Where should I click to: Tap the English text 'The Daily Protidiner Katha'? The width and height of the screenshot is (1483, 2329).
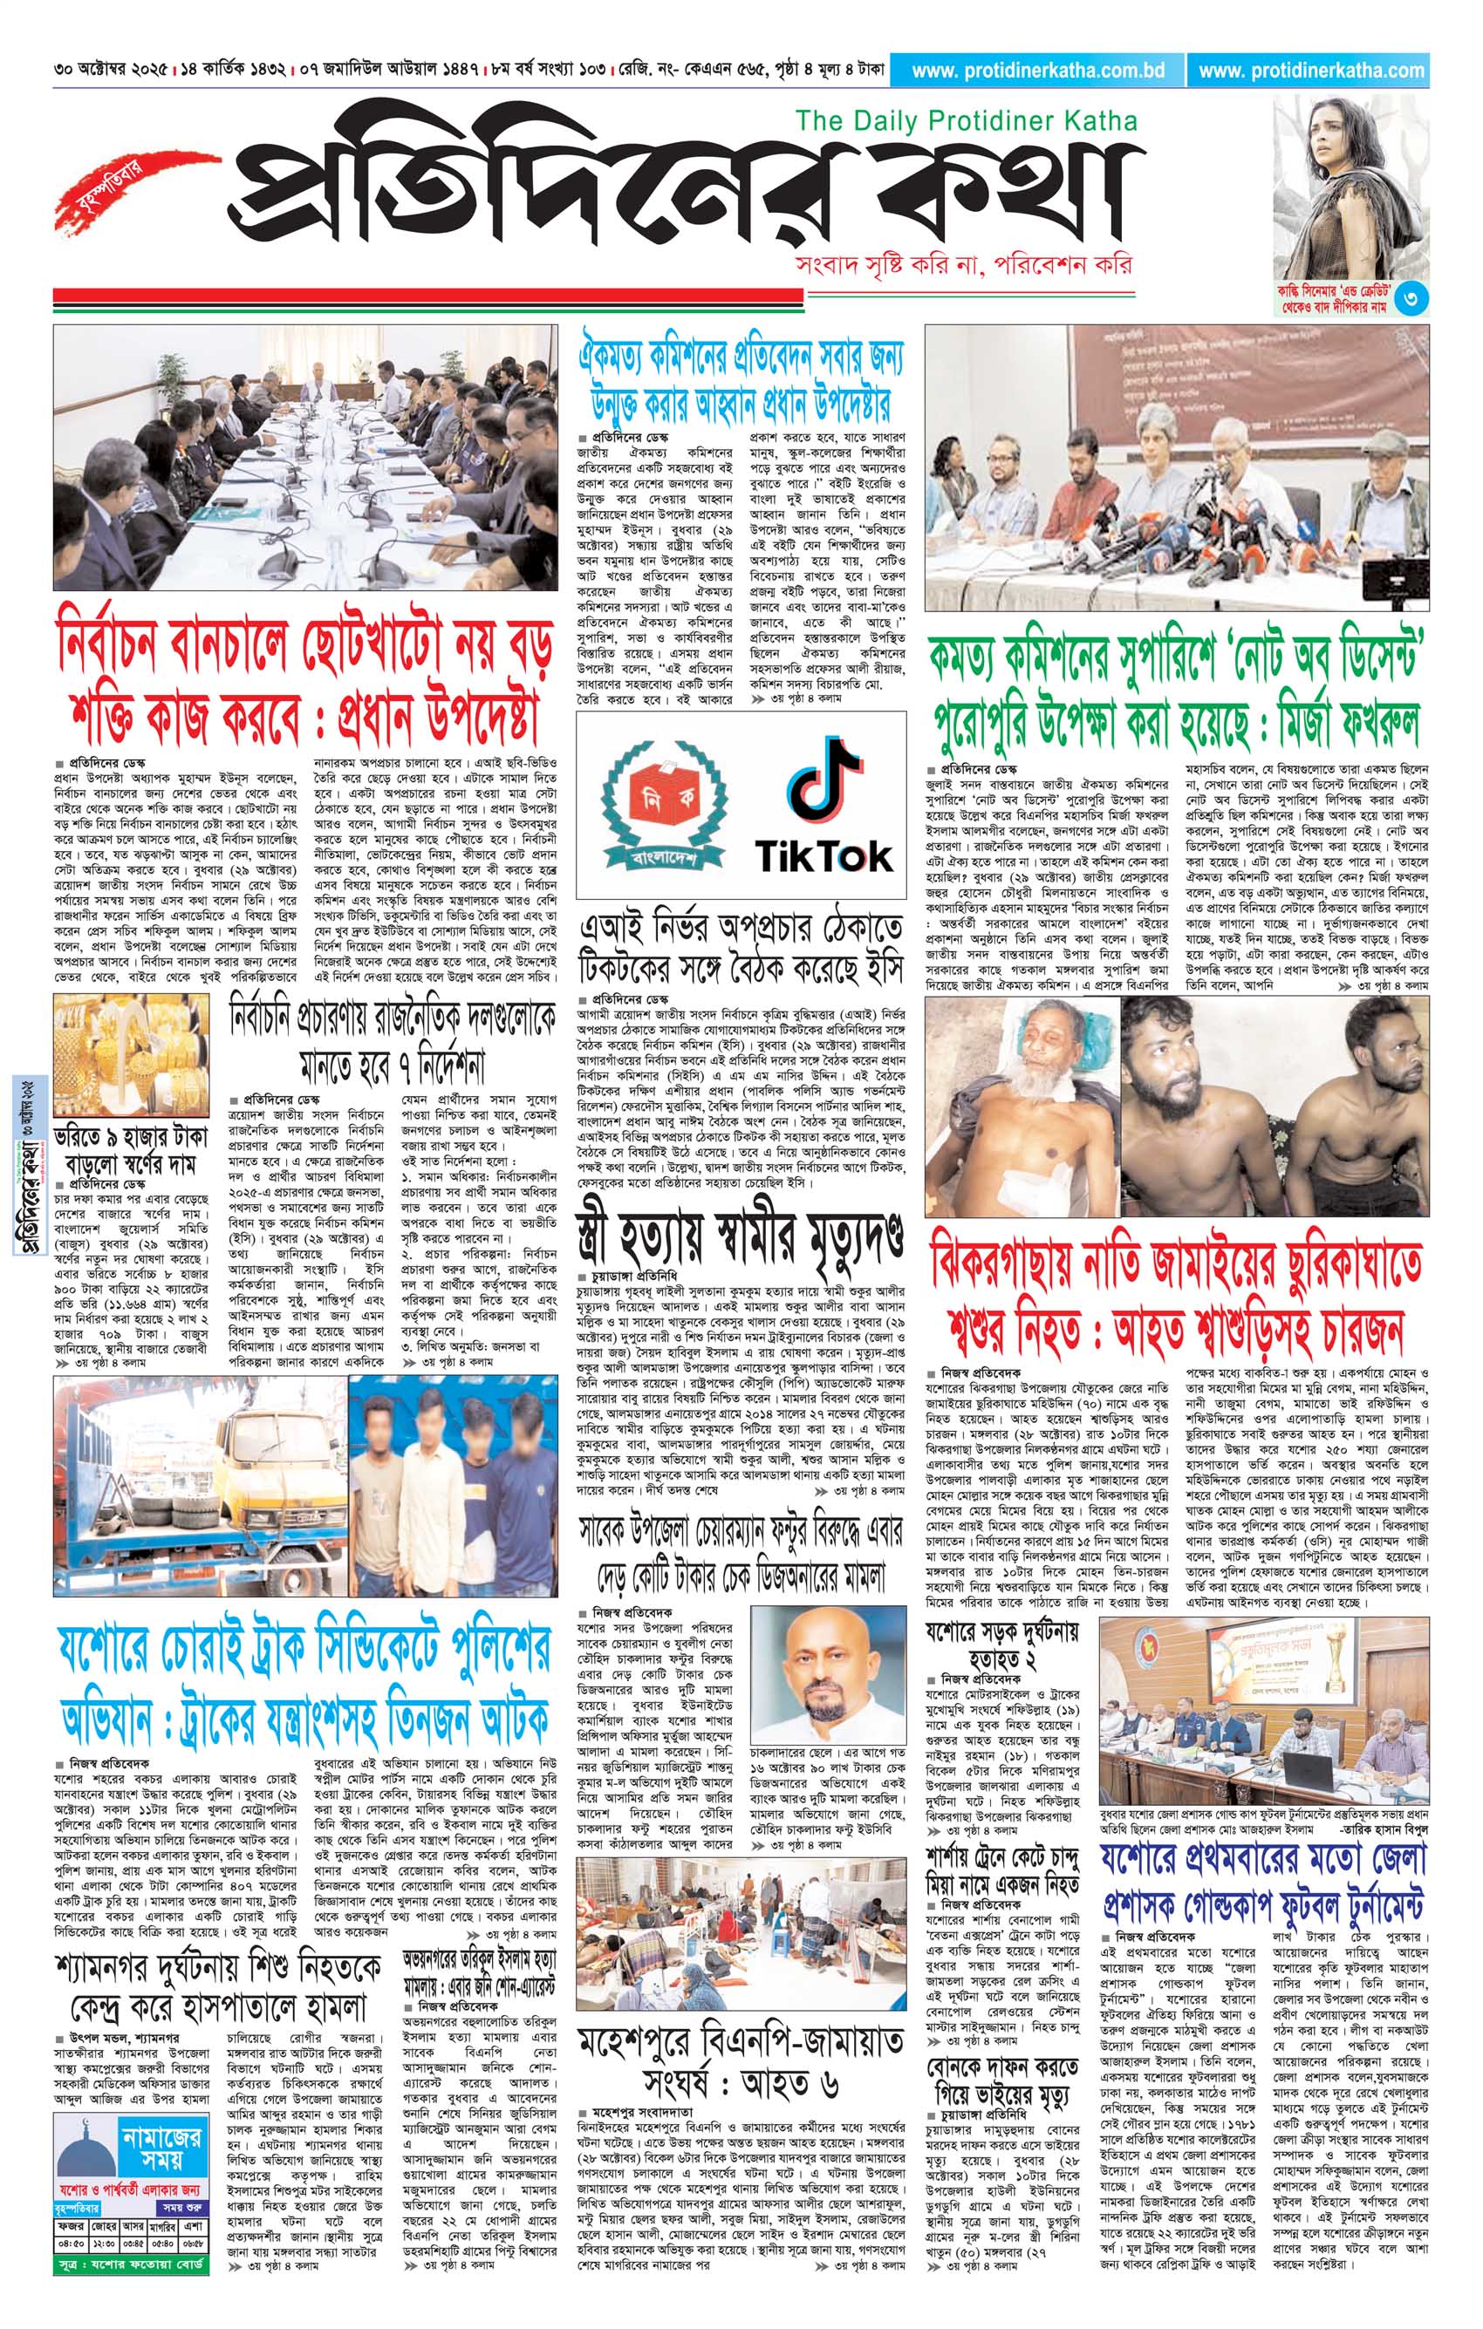(966, 121)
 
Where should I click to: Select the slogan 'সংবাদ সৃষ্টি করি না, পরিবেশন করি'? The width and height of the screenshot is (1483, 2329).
(961, 265)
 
